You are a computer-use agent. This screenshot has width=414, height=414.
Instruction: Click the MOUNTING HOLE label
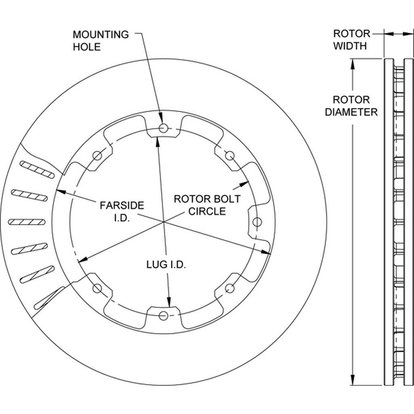(101, 41)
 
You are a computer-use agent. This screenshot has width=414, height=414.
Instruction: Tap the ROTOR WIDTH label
(351, 40)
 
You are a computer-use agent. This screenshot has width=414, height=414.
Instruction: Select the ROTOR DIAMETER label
(351, 106)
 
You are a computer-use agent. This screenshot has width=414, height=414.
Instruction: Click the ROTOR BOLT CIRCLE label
(207, 205)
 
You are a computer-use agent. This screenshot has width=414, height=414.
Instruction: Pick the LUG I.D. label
(166, 264)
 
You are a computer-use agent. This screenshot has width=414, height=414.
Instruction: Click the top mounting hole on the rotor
(163, 128)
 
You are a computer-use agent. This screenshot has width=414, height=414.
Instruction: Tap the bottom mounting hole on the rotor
(164, 315)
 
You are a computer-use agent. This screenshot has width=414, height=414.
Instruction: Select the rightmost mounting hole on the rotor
(257, 222)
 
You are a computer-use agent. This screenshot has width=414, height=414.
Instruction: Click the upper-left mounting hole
(97, 156)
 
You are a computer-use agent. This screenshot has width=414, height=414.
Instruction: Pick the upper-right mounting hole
(230, 156)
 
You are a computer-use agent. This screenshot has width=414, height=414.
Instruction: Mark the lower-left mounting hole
(97, 288)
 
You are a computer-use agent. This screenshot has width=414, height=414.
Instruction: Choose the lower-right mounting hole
(230, 288)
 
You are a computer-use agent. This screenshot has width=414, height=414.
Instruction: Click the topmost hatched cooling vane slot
(37, 169)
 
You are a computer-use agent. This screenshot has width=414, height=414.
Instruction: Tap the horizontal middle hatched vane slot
(27, 222)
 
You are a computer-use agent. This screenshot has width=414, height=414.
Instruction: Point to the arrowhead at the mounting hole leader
(160, 119)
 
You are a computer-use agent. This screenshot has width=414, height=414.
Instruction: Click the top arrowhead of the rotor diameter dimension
(352, 64)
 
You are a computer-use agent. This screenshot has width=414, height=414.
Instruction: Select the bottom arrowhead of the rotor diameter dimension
(352, 380)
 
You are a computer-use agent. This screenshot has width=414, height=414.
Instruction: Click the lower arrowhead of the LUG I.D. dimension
(169, 302)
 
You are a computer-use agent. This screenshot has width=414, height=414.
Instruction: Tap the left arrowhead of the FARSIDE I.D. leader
(61, 191)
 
